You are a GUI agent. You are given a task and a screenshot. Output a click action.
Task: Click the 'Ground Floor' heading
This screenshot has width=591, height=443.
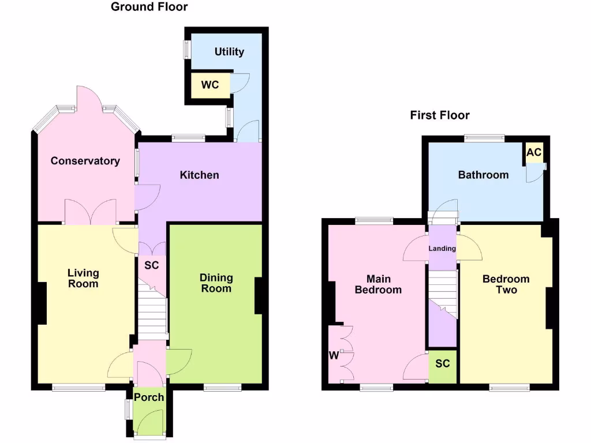point(149,7)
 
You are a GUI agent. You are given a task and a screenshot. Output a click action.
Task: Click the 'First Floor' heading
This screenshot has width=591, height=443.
point(440,115)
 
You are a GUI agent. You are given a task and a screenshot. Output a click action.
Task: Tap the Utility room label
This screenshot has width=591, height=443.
point(229,52)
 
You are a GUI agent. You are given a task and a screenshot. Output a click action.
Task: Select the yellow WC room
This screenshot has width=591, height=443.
point(210,85)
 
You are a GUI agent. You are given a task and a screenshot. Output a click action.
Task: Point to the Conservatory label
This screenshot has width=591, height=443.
point(85,161)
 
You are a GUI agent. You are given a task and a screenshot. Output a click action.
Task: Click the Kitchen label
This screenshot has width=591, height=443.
point(199,175)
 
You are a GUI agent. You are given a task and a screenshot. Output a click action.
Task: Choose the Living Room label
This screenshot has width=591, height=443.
point(83,278)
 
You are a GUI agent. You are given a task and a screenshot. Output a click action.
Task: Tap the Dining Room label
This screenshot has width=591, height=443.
point(216,283)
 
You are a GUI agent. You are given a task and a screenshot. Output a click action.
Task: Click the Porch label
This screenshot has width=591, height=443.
point(149,397)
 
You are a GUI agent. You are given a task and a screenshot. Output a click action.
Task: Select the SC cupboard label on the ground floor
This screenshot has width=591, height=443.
point(151,266)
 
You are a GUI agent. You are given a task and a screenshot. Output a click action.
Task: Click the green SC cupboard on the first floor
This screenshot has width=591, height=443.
point(443,365)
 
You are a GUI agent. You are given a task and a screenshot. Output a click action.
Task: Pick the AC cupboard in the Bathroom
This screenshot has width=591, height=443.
point(534,153)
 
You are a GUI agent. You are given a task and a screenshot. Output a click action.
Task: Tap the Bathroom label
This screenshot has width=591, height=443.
point(483,175)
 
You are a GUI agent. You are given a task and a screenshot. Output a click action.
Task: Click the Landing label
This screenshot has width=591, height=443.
point(442,249)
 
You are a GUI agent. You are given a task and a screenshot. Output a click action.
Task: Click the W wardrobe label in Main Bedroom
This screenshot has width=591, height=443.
point(334,356)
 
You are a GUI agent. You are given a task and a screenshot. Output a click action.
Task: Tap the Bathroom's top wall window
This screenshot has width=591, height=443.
point(485,138)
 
